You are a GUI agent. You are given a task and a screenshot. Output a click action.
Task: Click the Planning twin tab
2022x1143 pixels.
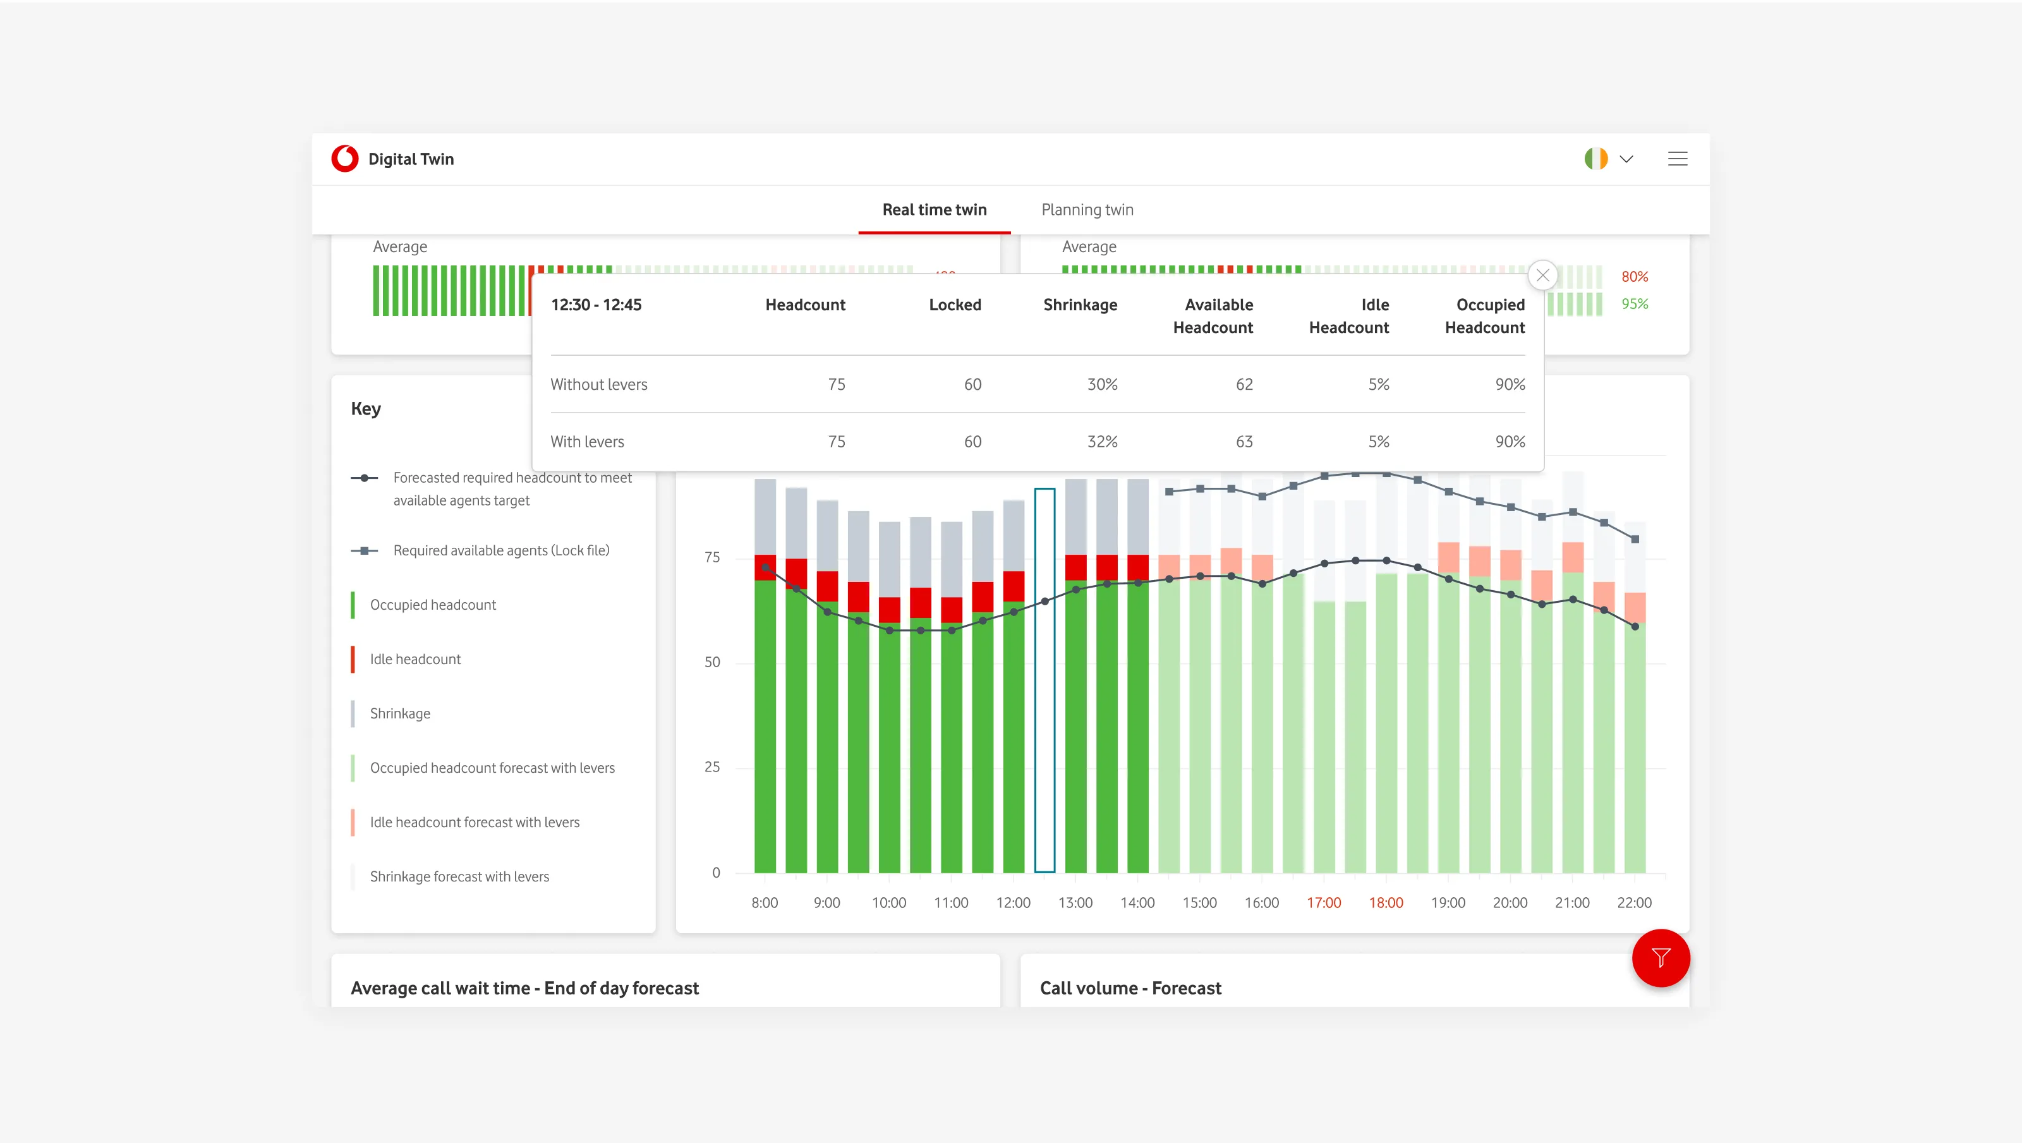pyautogui.click(x=1087, y=210)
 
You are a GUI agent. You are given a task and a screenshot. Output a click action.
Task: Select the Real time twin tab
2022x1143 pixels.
pyautogui.click(x=934, y=210)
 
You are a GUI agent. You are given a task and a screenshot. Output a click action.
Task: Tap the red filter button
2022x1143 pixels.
pyautogui.click(x=1660, y=958)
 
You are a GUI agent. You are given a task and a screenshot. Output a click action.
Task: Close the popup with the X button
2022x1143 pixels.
pyautogui.click(x=1542, y=275)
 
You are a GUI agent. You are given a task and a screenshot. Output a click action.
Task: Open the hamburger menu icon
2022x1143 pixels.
pyautogui.click(x=1678, y=159)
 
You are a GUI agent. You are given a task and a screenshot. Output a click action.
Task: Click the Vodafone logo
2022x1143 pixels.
pyautogui.click(x=344, y=159)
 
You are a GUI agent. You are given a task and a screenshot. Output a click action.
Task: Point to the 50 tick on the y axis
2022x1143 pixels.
pyautogui.click(x=712, y=662)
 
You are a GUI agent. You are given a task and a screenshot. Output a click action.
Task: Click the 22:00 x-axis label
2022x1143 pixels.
pyautogui.click(x=1633, y=903)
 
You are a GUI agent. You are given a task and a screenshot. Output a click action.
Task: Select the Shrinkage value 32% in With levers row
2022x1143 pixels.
pyautogui.click(x=1102, y=442)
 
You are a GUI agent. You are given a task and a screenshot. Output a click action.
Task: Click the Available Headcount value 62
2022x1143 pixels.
pyautogui.click(x=1244, y=385)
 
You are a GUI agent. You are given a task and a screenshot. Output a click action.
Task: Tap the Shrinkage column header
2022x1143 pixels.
pyautogui.click(x=1080, y=305)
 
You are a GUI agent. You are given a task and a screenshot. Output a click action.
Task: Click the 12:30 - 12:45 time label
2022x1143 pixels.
pyautogui.click(x=596, y=305)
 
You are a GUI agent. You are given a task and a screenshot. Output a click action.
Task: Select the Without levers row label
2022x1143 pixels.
pyautogui.click(x=599, y=385)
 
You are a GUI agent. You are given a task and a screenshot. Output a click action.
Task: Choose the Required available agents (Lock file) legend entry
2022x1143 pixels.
pyautogui.click(x=501, y=550)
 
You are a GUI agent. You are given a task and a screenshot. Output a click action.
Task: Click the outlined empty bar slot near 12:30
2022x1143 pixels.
pyautogui.click(x=1044, y=680)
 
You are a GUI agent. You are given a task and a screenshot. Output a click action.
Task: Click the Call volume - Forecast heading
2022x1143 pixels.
pyautogui.click(x=1130, y=988)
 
